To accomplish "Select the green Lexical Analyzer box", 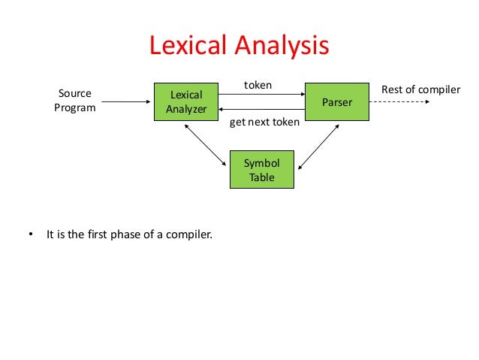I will tap(185, 102).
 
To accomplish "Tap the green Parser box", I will tap(336, 101).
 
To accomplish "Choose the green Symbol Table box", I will tap(262, 171).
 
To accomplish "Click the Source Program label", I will tap(74, 101).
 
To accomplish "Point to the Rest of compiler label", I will tap(420, 90).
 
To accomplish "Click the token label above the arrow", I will tap(258, 86).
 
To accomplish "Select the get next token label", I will tap(264, 122).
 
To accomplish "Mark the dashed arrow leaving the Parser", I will tap(399, 101).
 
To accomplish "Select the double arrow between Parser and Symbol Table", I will tap(318, 145).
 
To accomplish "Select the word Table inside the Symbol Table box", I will tap(262, 178).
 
